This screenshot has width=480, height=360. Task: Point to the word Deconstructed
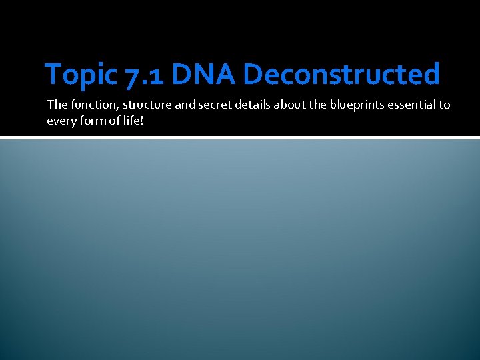(341, 75)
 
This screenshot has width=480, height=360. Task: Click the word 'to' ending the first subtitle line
(445, 105)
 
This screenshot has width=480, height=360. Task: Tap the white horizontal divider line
(240, 138)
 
